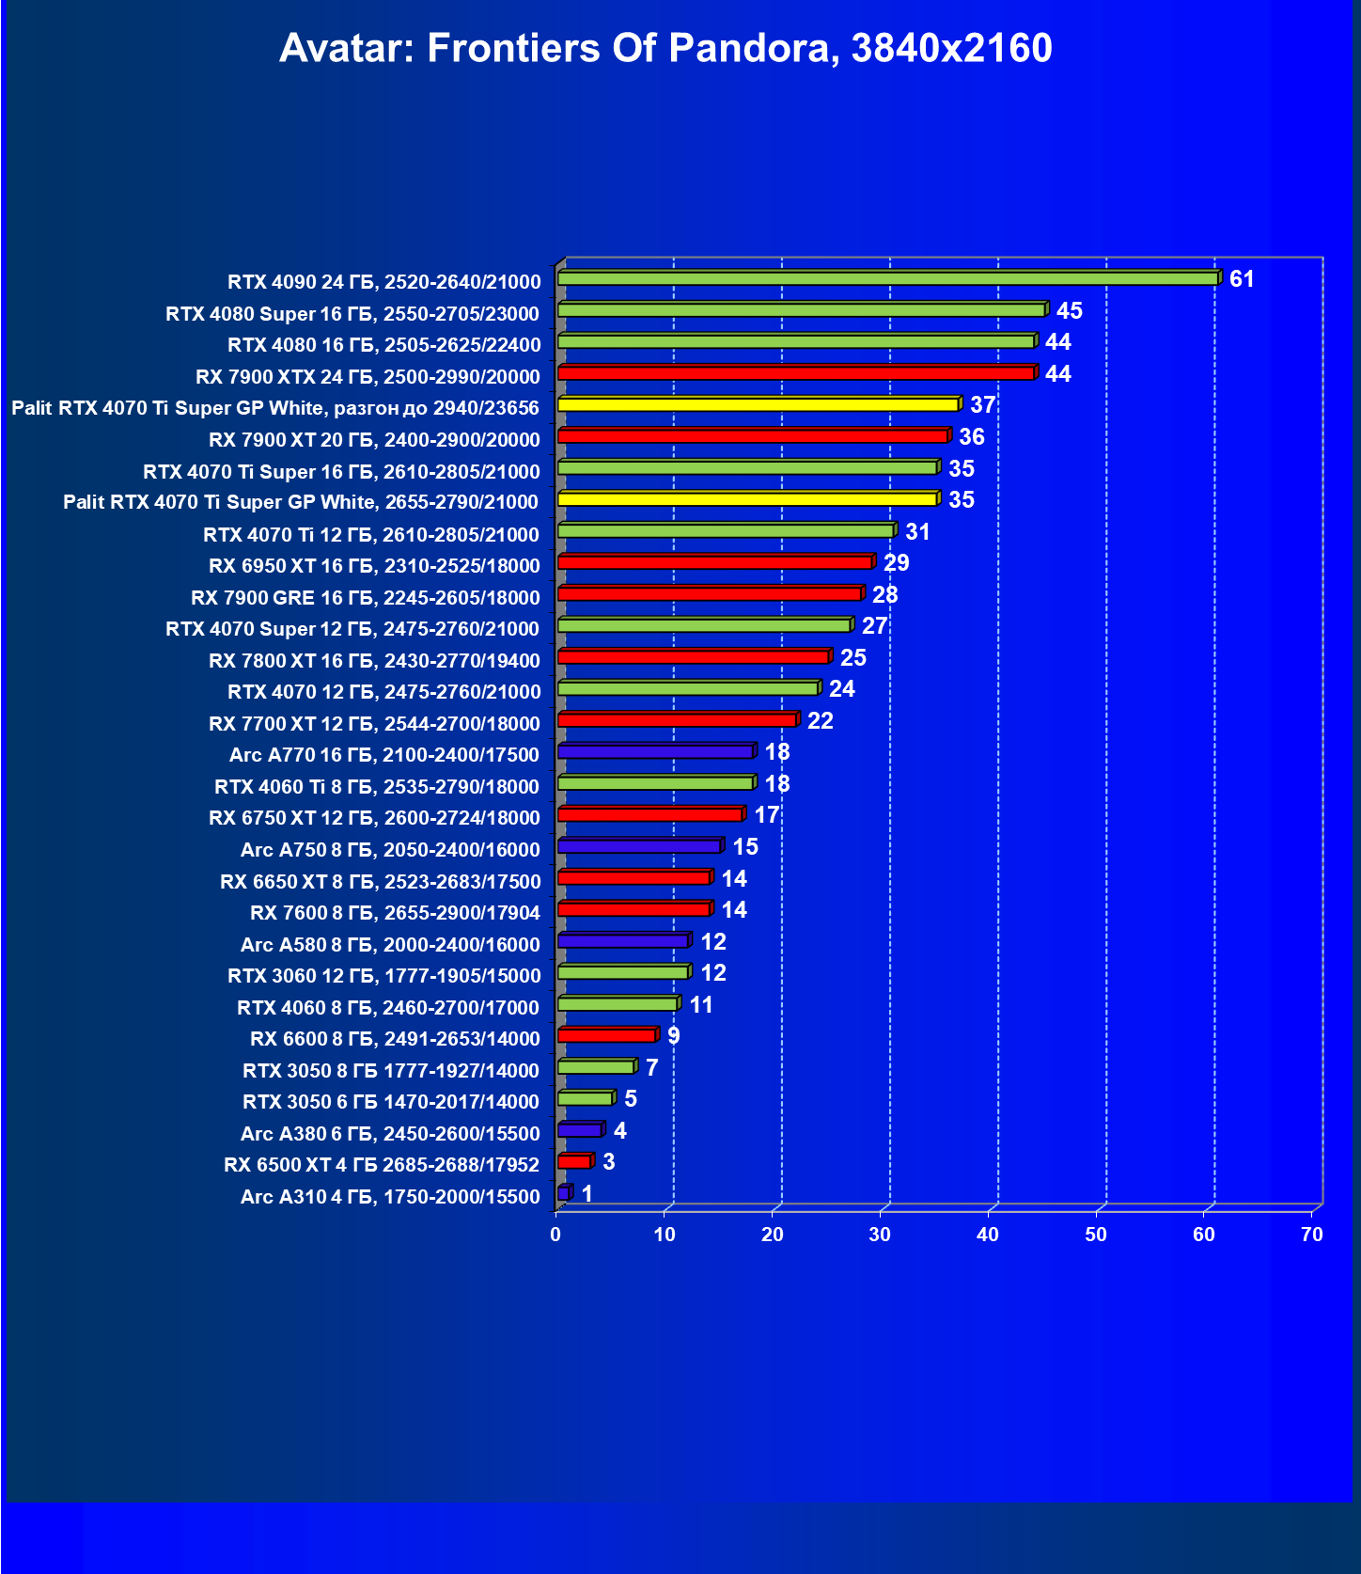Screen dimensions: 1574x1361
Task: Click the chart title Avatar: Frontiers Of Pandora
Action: (x=665, y=48)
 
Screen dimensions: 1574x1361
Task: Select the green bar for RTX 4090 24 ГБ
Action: (x=887, y=279)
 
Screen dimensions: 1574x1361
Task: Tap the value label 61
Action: (x=1242, y=279)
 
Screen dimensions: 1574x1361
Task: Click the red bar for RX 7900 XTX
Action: (x=796, y=374)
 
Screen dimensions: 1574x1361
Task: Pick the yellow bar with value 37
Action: (x=758, y=405)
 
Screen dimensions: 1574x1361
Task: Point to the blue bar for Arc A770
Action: (x=655, y=752)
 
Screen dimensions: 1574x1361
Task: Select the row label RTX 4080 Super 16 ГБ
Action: (x=352, y=313)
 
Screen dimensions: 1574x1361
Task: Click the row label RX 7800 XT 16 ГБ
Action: (x=374, y=661)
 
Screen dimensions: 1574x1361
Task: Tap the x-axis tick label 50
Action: (x=1096, y=1235)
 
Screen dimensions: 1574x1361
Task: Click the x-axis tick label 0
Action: (x=556, y=1235)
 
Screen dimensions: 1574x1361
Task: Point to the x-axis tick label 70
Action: (x=1312, y=1235)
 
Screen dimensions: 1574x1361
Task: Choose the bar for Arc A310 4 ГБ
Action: (x=563, y=1194)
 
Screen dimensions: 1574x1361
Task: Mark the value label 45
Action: (x=1069, y=311)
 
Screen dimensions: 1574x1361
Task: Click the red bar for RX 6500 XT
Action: (x=574, y=1162)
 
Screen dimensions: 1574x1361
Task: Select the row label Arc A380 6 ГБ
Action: (x=390, y=1134)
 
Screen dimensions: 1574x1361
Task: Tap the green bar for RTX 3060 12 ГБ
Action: (x=623, y=973)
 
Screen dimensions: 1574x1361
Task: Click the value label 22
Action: (x=820, y=721)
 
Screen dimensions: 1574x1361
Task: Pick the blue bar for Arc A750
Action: (x=639, y=847)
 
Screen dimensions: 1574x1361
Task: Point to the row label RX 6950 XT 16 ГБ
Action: (x=374, y=566)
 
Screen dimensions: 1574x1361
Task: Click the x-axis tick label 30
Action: (x=880, y=1235)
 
